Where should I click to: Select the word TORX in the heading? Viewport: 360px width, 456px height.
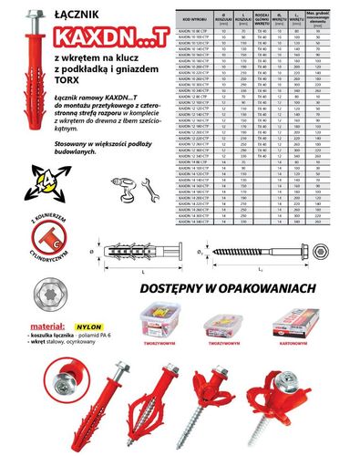[71, 95]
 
